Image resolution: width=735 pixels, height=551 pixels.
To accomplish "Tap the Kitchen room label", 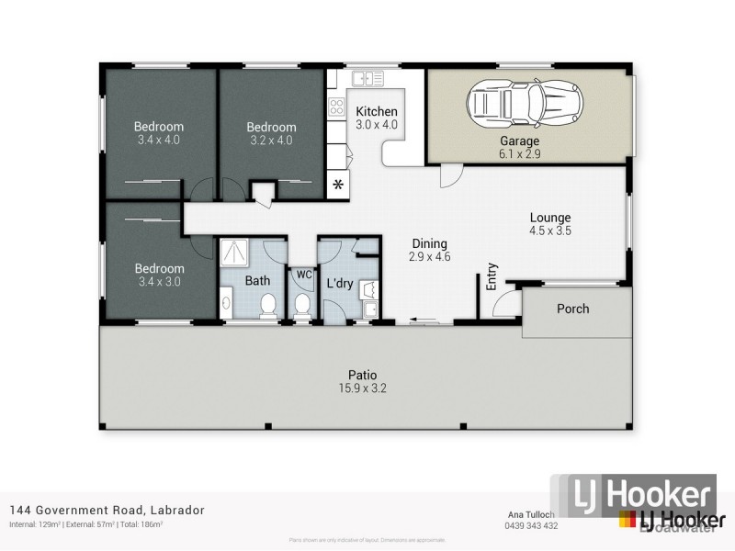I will [x=377, y=111].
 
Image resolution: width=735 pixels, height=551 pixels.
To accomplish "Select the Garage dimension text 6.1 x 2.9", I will [x=519, y=154].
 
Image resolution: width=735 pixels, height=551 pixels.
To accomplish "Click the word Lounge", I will [x=550, y=218].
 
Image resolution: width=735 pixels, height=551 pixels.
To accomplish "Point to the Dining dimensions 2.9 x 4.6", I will [x=429, y=257].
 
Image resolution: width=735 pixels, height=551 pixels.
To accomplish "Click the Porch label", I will [x=573, y=309].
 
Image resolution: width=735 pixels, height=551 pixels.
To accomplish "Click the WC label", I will [x=301, y=274].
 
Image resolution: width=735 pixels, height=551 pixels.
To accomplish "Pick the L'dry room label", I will [x=340, y=284].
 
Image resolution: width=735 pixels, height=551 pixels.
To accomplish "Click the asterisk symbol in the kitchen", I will [x=338, y=186].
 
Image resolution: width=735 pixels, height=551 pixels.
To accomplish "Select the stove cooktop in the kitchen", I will [x=337, y=107].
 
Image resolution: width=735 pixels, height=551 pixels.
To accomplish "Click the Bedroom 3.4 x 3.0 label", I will [x=160, y=275].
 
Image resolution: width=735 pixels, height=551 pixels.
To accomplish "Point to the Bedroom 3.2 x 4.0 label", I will [x=271, y=134].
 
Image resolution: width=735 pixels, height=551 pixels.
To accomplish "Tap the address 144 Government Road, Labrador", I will [x=107, y=510].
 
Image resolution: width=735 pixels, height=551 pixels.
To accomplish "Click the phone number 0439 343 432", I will [x=530, y=525].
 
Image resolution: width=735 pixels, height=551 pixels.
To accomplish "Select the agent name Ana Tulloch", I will [x=530, y=514].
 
